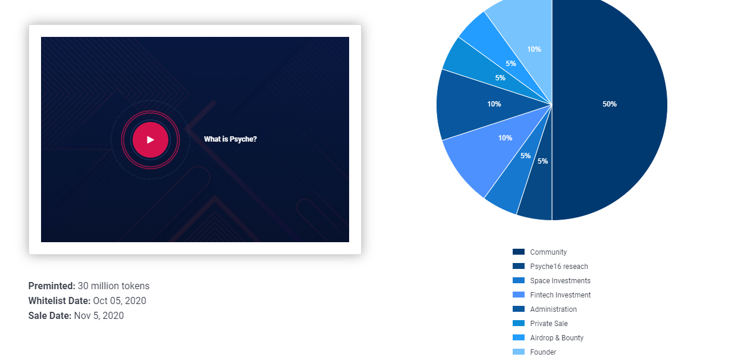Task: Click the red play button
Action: (150, 140)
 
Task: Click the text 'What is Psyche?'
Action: (230, 139)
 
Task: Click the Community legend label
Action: (548, 252)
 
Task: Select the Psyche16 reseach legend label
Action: (559, 267)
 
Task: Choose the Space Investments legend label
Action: (560, 281)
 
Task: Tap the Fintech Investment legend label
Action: (560, 295)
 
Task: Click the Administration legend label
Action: (553, 309)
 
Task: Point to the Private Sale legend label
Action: (549, 324)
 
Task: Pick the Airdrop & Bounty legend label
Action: (557, 338)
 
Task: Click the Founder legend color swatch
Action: (518, 352)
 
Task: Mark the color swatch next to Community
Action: (518, 252)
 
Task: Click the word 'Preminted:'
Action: (52, 286)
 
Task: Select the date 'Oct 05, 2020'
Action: (120, 300)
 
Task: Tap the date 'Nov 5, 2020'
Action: (99, 315)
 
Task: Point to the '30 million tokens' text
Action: (114, 286)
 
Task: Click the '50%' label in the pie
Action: (610, 104)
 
